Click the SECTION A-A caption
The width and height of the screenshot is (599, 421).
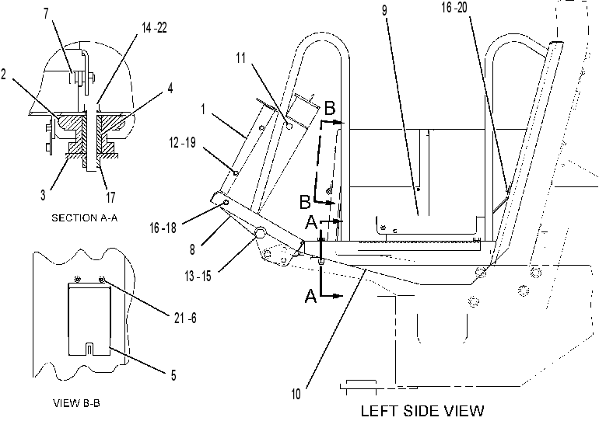[85, 218]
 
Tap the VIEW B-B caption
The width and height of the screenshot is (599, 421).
[76, 403]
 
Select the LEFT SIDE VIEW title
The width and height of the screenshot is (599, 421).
[422, 411]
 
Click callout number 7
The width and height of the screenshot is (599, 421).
[46, 14]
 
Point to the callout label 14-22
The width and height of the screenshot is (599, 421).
[154, 28]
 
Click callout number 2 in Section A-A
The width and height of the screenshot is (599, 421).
[3, 74]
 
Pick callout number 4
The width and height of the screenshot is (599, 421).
[170, 88]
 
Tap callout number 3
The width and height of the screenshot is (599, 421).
[43, 195]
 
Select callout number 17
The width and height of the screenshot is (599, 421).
[110, 197]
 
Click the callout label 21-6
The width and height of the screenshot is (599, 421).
[185, 318]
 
